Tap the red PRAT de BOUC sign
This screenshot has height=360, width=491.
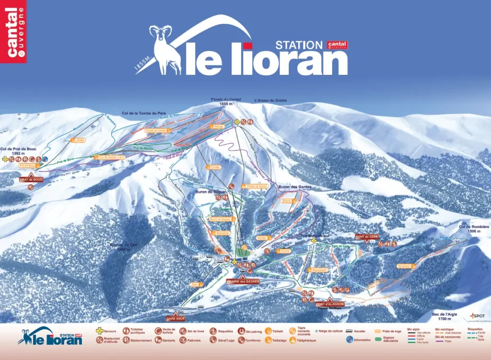31,179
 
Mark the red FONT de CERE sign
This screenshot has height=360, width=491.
367,236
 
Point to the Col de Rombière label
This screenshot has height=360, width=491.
470,229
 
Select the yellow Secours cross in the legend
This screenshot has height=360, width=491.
100,331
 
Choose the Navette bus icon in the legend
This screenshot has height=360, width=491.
350,331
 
